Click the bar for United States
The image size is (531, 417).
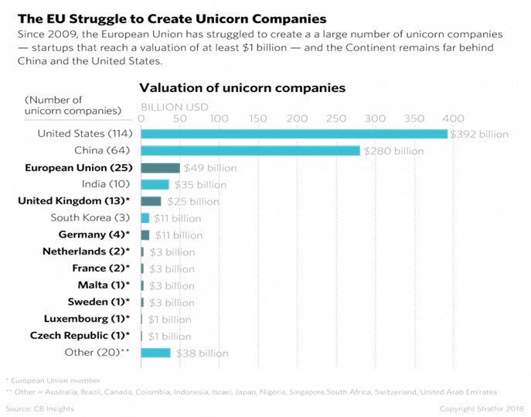click(x=294, y=134)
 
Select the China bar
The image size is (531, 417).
click(x=250, y=151)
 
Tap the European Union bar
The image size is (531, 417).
click(x=160, y=168)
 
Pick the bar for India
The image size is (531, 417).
click(x=155, y=184)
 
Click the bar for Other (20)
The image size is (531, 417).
click(x=155, y=353)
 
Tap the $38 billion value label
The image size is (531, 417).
click(x=202, y=354)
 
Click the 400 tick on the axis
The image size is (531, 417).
click(x=453, y=118)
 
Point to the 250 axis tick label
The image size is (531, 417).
click(x=336, y=118)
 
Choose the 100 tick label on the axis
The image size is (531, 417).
click(x=219, y=118)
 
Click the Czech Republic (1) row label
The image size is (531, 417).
click(x=80, y=336)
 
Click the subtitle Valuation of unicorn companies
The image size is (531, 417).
click(x=242, y=87)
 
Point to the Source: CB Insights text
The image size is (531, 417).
click(x=39, y=408)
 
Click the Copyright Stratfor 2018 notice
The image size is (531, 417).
click(x=482, y=408)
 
